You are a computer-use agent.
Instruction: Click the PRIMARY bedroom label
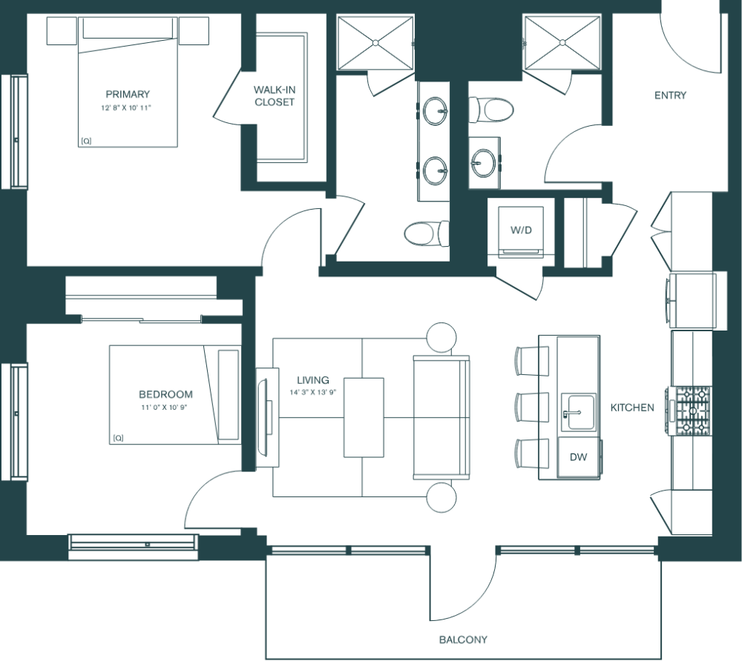pyautogui.click(x=128, y=94)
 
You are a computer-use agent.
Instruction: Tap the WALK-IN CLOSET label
pyautogui.click(x=274, y=96)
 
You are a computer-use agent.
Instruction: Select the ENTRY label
pyautogui.click(x=670, y=95)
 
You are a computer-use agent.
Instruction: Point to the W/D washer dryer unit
pyautogui.click(x=521, y=230)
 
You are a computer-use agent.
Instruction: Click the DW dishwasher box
pyautogui.click(x=578, y=457)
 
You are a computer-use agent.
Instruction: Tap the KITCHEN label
pyautogui.click(x=632, y=408)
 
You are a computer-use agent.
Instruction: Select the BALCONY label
pyautogui.click(x=463, y=640)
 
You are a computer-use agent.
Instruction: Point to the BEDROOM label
pyautogui.click(x=165, y=394)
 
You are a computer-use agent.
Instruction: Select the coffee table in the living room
pyautogui.click(x=364, y=416)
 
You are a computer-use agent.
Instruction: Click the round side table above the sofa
pyautogui.click(x=441, y=339)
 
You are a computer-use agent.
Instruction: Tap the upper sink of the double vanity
pyautogui.click(x=435, y=113)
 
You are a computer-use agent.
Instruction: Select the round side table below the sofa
pyautogui.click(x=441, y=497)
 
